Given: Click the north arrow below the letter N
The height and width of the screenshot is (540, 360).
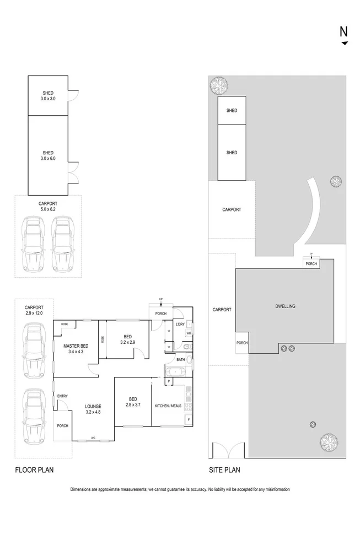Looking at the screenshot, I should (x=345, y=43).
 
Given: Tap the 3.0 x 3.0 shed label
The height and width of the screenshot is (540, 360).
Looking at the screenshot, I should (x=47, y=96).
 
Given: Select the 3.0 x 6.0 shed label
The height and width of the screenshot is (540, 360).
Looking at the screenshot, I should (x=47, y=155).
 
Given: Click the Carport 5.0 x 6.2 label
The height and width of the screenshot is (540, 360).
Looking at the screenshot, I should (x=47, y=206).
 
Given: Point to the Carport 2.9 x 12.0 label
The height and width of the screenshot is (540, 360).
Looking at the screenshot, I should (x=34, y=310).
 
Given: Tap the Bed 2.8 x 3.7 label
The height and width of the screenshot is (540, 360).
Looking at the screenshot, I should (x=133, y=402).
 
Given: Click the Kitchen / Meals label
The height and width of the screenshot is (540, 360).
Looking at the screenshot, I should (x=169, y=406).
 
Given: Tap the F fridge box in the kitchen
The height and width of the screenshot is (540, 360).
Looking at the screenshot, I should (x=189, y=420).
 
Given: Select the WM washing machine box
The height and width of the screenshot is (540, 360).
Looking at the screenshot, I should (x=189, y=333).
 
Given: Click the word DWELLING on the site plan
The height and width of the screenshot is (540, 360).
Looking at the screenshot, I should (x=286, y=306).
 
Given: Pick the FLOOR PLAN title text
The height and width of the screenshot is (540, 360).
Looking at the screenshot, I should (x=34, y=470).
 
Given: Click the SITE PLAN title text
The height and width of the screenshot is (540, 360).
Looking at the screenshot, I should (x=224, y=470).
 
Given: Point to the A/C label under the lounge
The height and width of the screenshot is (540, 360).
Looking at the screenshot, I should (x=93, y=438).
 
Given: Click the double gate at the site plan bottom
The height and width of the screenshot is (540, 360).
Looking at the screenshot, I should (x=229, y=450).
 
